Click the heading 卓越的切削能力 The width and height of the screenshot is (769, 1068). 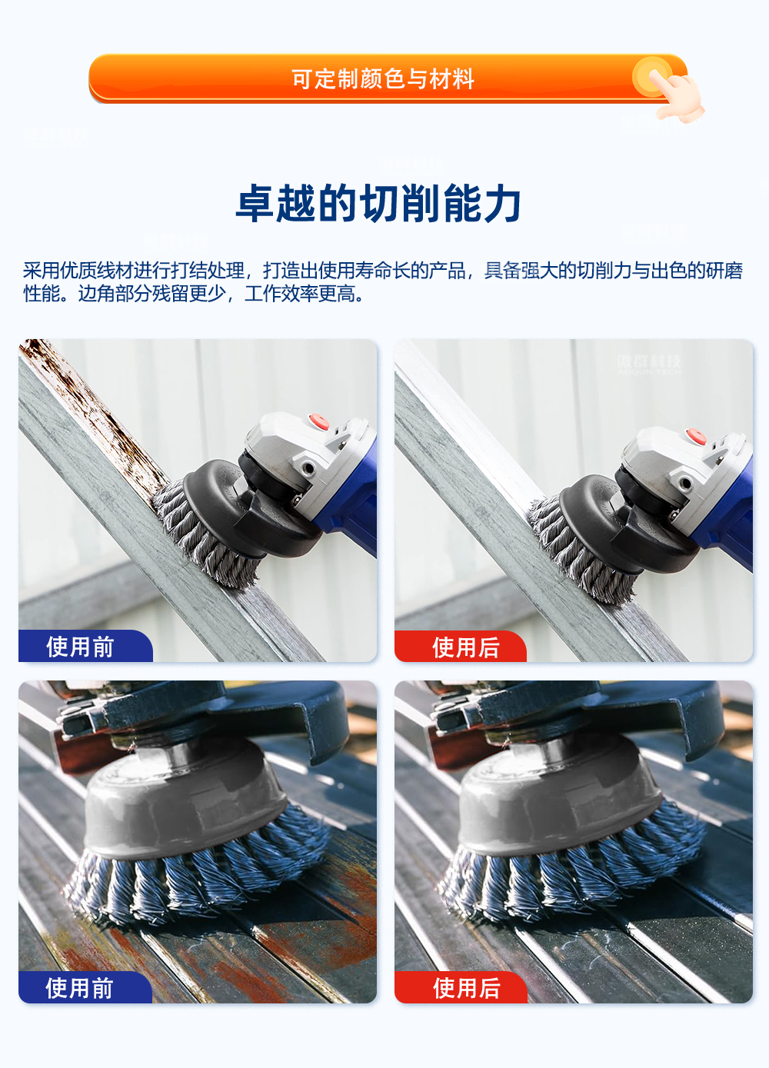[378, 204]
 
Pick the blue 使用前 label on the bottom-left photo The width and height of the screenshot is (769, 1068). [82, 987]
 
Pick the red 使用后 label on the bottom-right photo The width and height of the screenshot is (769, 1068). [465, 987]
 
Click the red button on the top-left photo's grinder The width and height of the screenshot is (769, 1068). [318, 421]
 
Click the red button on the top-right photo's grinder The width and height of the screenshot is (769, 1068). [695, 436]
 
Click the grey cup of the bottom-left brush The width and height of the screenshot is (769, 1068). [185, 807]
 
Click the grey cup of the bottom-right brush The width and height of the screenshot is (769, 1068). [558, 807]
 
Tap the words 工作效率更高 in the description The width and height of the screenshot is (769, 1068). [303, 294]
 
